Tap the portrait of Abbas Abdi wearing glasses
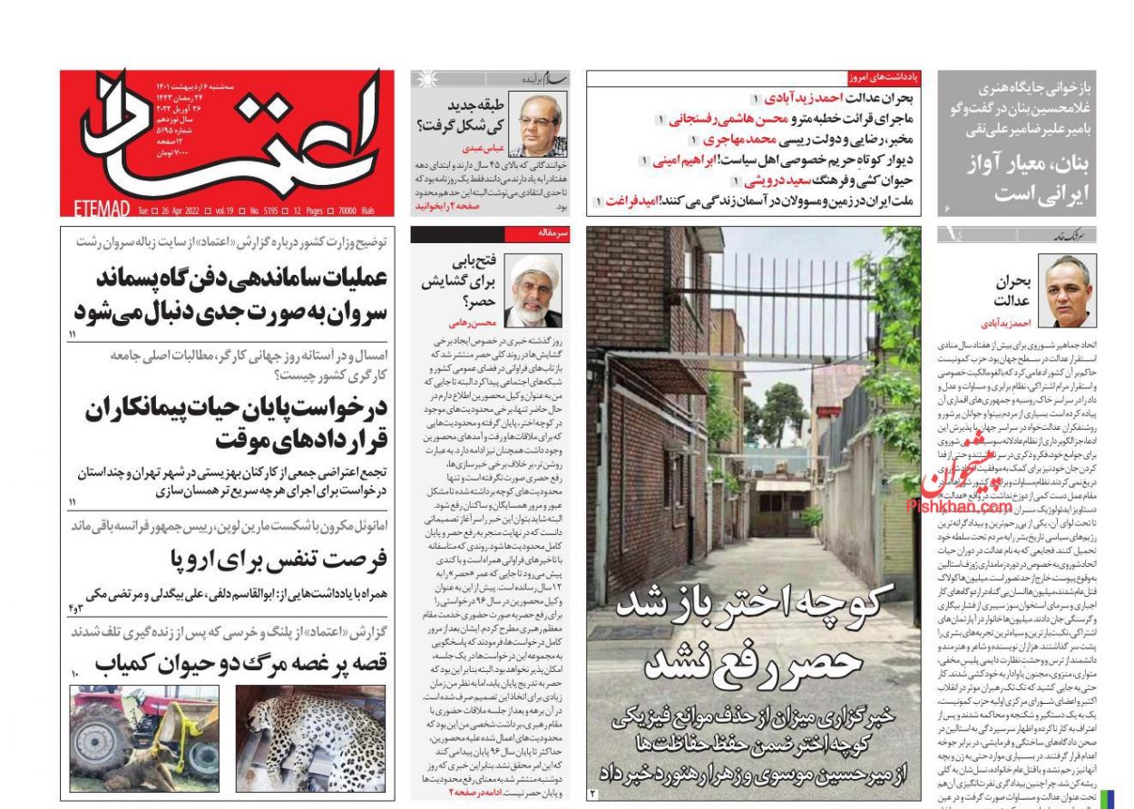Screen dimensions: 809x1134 point(536,124)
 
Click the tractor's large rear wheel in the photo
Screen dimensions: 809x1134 point(97,745)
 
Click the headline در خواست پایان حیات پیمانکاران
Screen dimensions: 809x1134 point(236,424)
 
